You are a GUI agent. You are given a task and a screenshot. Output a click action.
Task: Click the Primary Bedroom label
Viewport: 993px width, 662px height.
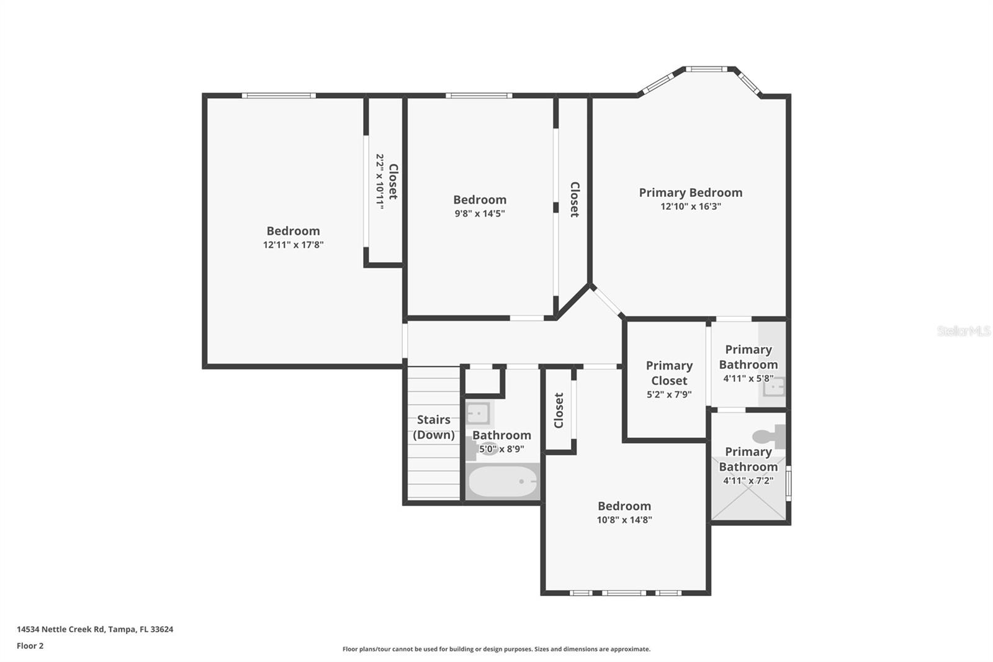[x=690, y=193]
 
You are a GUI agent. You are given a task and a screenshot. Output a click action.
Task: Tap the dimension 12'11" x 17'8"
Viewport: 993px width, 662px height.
[x=293, y=245]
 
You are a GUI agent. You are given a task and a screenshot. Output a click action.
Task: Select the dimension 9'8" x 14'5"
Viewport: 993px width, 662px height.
[x=479, y=214]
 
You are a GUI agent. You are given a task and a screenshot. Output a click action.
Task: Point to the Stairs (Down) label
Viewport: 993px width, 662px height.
[x=433, y=427]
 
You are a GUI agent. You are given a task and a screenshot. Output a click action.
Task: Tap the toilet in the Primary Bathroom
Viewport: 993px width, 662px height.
[x=770, y=436]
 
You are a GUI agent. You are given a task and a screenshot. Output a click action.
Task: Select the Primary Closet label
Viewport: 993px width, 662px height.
[x=668, y=373]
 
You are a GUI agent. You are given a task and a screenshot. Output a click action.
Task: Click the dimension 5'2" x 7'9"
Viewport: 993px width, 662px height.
[x=668, y=394]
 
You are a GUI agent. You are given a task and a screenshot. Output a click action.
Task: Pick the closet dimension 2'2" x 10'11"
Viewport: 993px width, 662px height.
[x=379, y=181]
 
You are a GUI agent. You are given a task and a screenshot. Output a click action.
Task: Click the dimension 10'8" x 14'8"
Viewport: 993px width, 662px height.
[x=624, y=520]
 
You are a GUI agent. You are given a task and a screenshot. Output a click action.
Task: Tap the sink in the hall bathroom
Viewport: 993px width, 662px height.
[x=479, y=413]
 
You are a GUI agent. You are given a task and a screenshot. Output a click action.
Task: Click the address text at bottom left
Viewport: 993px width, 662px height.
[x=95, y=629]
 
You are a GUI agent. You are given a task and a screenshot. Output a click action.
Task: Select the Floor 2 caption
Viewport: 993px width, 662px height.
[x=30, y=646]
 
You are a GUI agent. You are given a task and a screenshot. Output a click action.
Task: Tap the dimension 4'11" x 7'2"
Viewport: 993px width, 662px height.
[x=748, y=481]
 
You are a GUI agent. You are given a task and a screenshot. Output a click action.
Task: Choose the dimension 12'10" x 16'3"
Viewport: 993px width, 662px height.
[x=690, y=207]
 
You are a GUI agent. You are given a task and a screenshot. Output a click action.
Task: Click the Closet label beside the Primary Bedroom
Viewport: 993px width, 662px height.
[x=574, y=199]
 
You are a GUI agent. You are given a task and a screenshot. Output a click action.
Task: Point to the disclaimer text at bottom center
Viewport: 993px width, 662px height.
[x=496, y=649]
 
